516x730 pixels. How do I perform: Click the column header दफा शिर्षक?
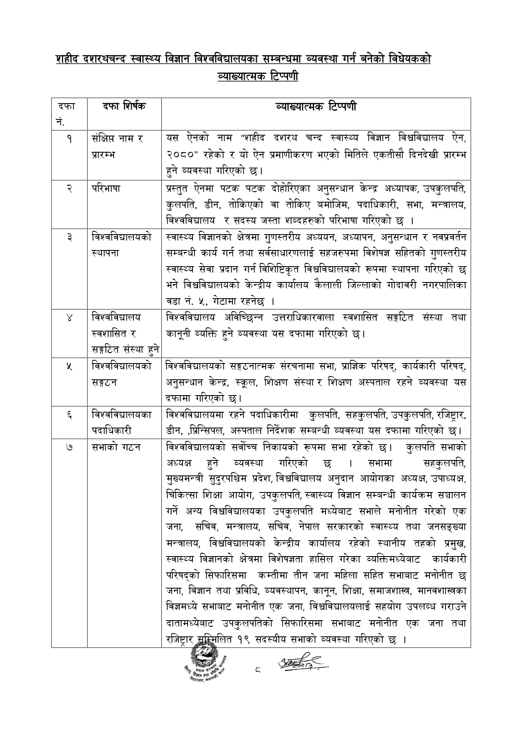(124, 106)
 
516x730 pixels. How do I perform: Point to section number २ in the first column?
(68, 188)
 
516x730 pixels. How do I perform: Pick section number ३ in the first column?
(68, 237)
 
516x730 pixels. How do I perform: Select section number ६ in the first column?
(68, 415)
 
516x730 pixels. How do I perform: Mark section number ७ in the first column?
(68, 448)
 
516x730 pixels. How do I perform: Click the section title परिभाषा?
(106, 188)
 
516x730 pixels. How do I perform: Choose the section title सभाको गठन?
(116, 448)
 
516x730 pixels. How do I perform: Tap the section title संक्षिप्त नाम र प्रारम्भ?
(118, 146)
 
